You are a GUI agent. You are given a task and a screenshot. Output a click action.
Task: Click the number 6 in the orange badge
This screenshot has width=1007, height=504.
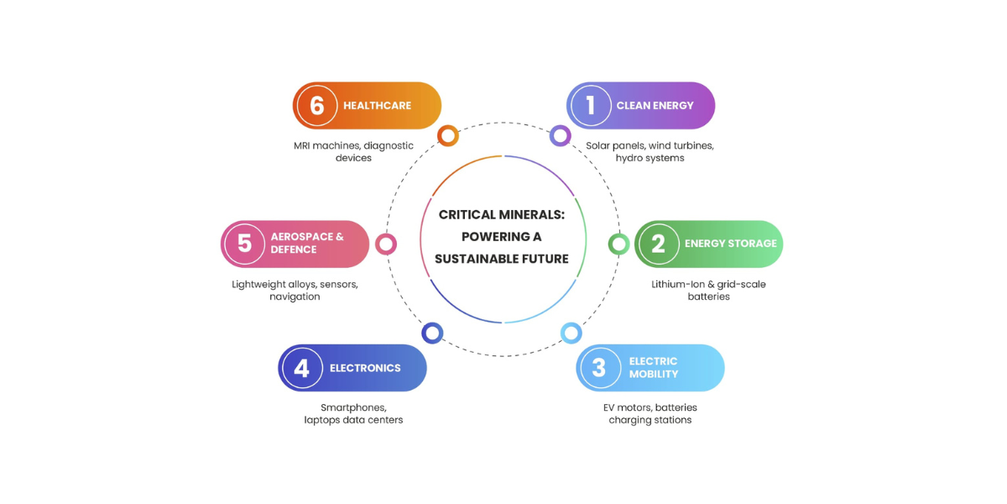317,106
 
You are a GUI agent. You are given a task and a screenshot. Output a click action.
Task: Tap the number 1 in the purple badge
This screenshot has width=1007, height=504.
591,106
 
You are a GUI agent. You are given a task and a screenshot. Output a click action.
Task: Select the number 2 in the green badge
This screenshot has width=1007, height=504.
658,244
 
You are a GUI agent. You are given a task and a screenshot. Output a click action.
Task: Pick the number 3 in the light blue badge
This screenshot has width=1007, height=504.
599,368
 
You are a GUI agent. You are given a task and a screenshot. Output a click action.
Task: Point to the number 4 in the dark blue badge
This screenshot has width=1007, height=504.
301,368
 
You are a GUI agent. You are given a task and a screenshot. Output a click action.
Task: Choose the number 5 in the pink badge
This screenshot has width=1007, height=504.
244,244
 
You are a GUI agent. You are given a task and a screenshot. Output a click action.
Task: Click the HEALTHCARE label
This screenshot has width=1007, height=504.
377,106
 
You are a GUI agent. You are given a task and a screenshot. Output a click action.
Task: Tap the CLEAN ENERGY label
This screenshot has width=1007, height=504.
655,106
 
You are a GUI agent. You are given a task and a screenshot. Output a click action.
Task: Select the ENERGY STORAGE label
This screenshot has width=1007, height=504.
731,244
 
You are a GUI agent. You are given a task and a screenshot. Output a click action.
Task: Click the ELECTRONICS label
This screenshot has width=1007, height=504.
365,368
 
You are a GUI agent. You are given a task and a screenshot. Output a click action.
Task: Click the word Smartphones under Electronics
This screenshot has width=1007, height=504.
353,407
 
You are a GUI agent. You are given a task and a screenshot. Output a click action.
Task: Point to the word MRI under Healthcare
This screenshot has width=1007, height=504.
301,146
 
